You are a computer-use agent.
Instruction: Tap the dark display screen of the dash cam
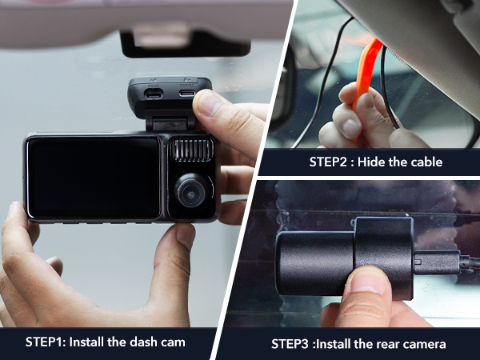point(93,178)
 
